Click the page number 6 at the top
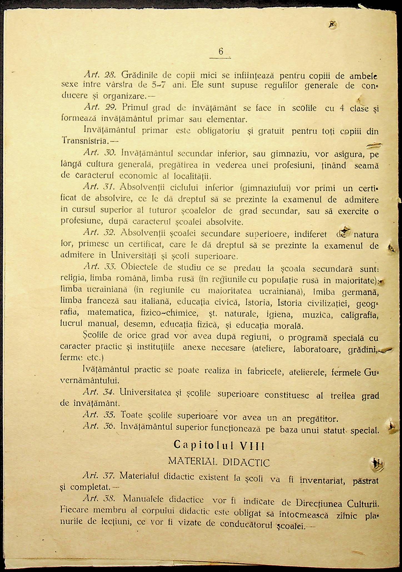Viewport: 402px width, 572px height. (x=221, y=52)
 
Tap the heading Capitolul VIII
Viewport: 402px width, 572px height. (x=219, y=445)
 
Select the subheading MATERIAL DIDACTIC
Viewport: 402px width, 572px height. (x=219, y=462)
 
